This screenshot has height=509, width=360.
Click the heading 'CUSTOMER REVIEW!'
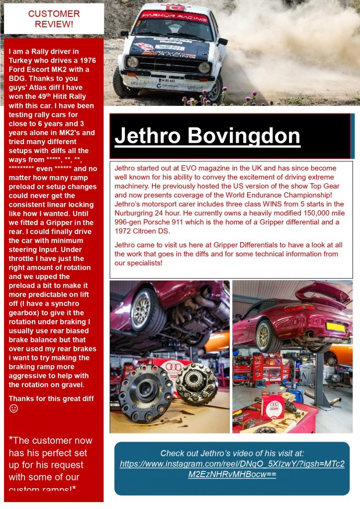54,18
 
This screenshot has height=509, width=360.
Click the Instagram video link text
232,469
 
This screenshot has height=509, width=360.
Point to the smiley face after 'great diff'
14,409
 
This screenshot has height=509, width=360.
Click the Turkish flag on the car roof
175,7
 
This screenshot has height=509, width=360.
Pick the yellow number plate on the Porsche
336,327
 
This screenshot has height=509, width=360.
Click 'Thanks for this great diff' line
51,399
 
